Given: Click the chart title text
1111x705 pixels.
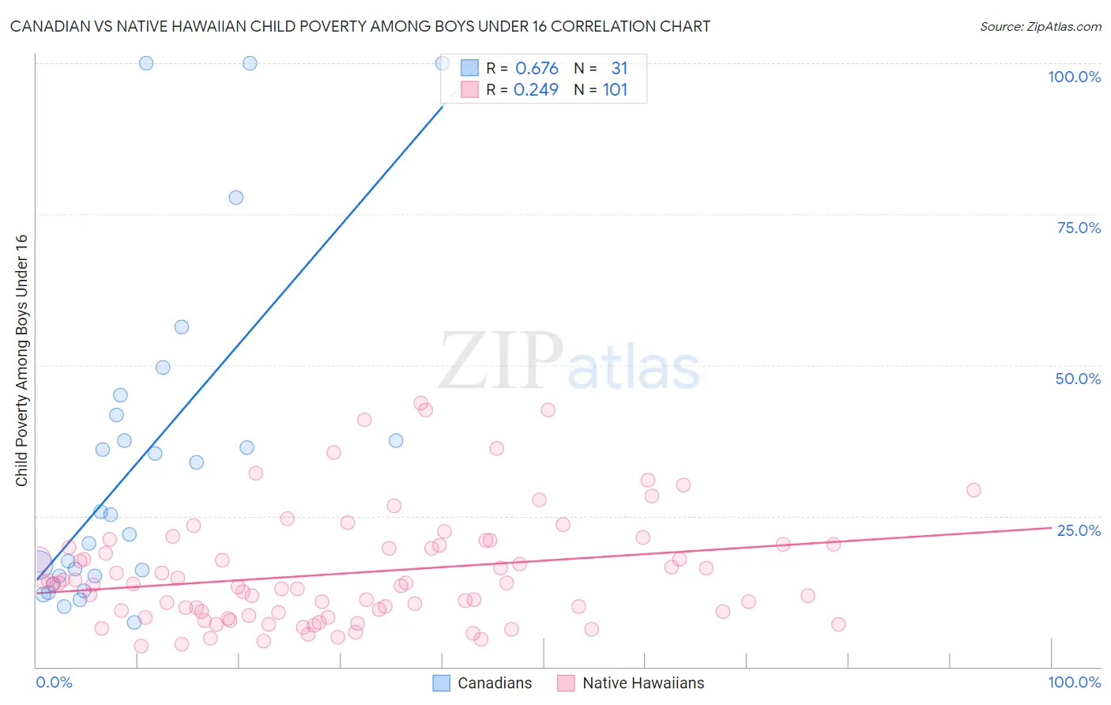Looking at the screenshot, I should click(360, 26).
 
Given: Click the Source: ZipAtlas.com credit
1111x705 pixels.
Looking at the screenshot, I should click(1040, 26).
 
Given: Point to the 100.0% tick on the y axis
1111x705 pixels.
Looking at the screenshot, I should click(1074, 77).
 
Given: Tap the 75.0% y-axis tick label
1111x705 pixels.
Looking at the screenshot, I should click(1079, 228).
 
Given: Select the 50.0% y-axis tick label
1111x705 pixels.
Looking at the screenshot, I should click(1078, 379).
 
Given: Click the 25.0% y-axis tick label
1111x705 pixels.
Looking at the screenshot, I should click(1079, 530).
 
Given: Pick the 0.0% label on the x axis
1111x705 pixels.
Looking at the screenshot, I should click(54, 682).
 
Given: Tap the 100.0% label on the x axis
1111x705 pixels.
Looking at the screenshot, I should click(1074, 682).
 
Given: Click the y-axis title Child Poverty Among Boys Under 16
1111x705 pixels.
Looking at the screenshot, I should click(22, 360).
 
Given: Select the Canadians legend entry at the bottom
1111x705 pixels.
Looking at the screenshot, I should click(483, 683).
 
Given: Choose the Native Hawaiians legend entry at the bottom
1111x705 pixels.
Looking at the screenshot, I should click(631, 683).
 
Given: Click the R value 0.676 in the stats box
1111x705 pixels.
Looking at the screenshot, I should click(537, 69).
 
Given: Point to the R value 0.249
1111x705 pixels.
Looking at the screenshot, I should click(536, 90).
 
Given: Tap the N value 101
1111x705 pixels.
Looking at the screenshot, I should click(615, 90).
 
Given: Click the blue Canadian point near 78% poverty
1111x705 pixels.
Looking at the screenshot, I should click(235, 198).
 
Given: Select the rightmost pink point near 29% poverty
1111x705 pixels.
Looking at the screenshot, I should click(974, 490).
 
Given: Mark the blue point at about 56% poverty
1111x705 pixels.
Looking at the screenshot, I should click(182, 327).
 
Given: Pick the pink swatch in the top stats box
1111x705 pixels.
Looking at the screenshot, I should click(469, 90).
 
